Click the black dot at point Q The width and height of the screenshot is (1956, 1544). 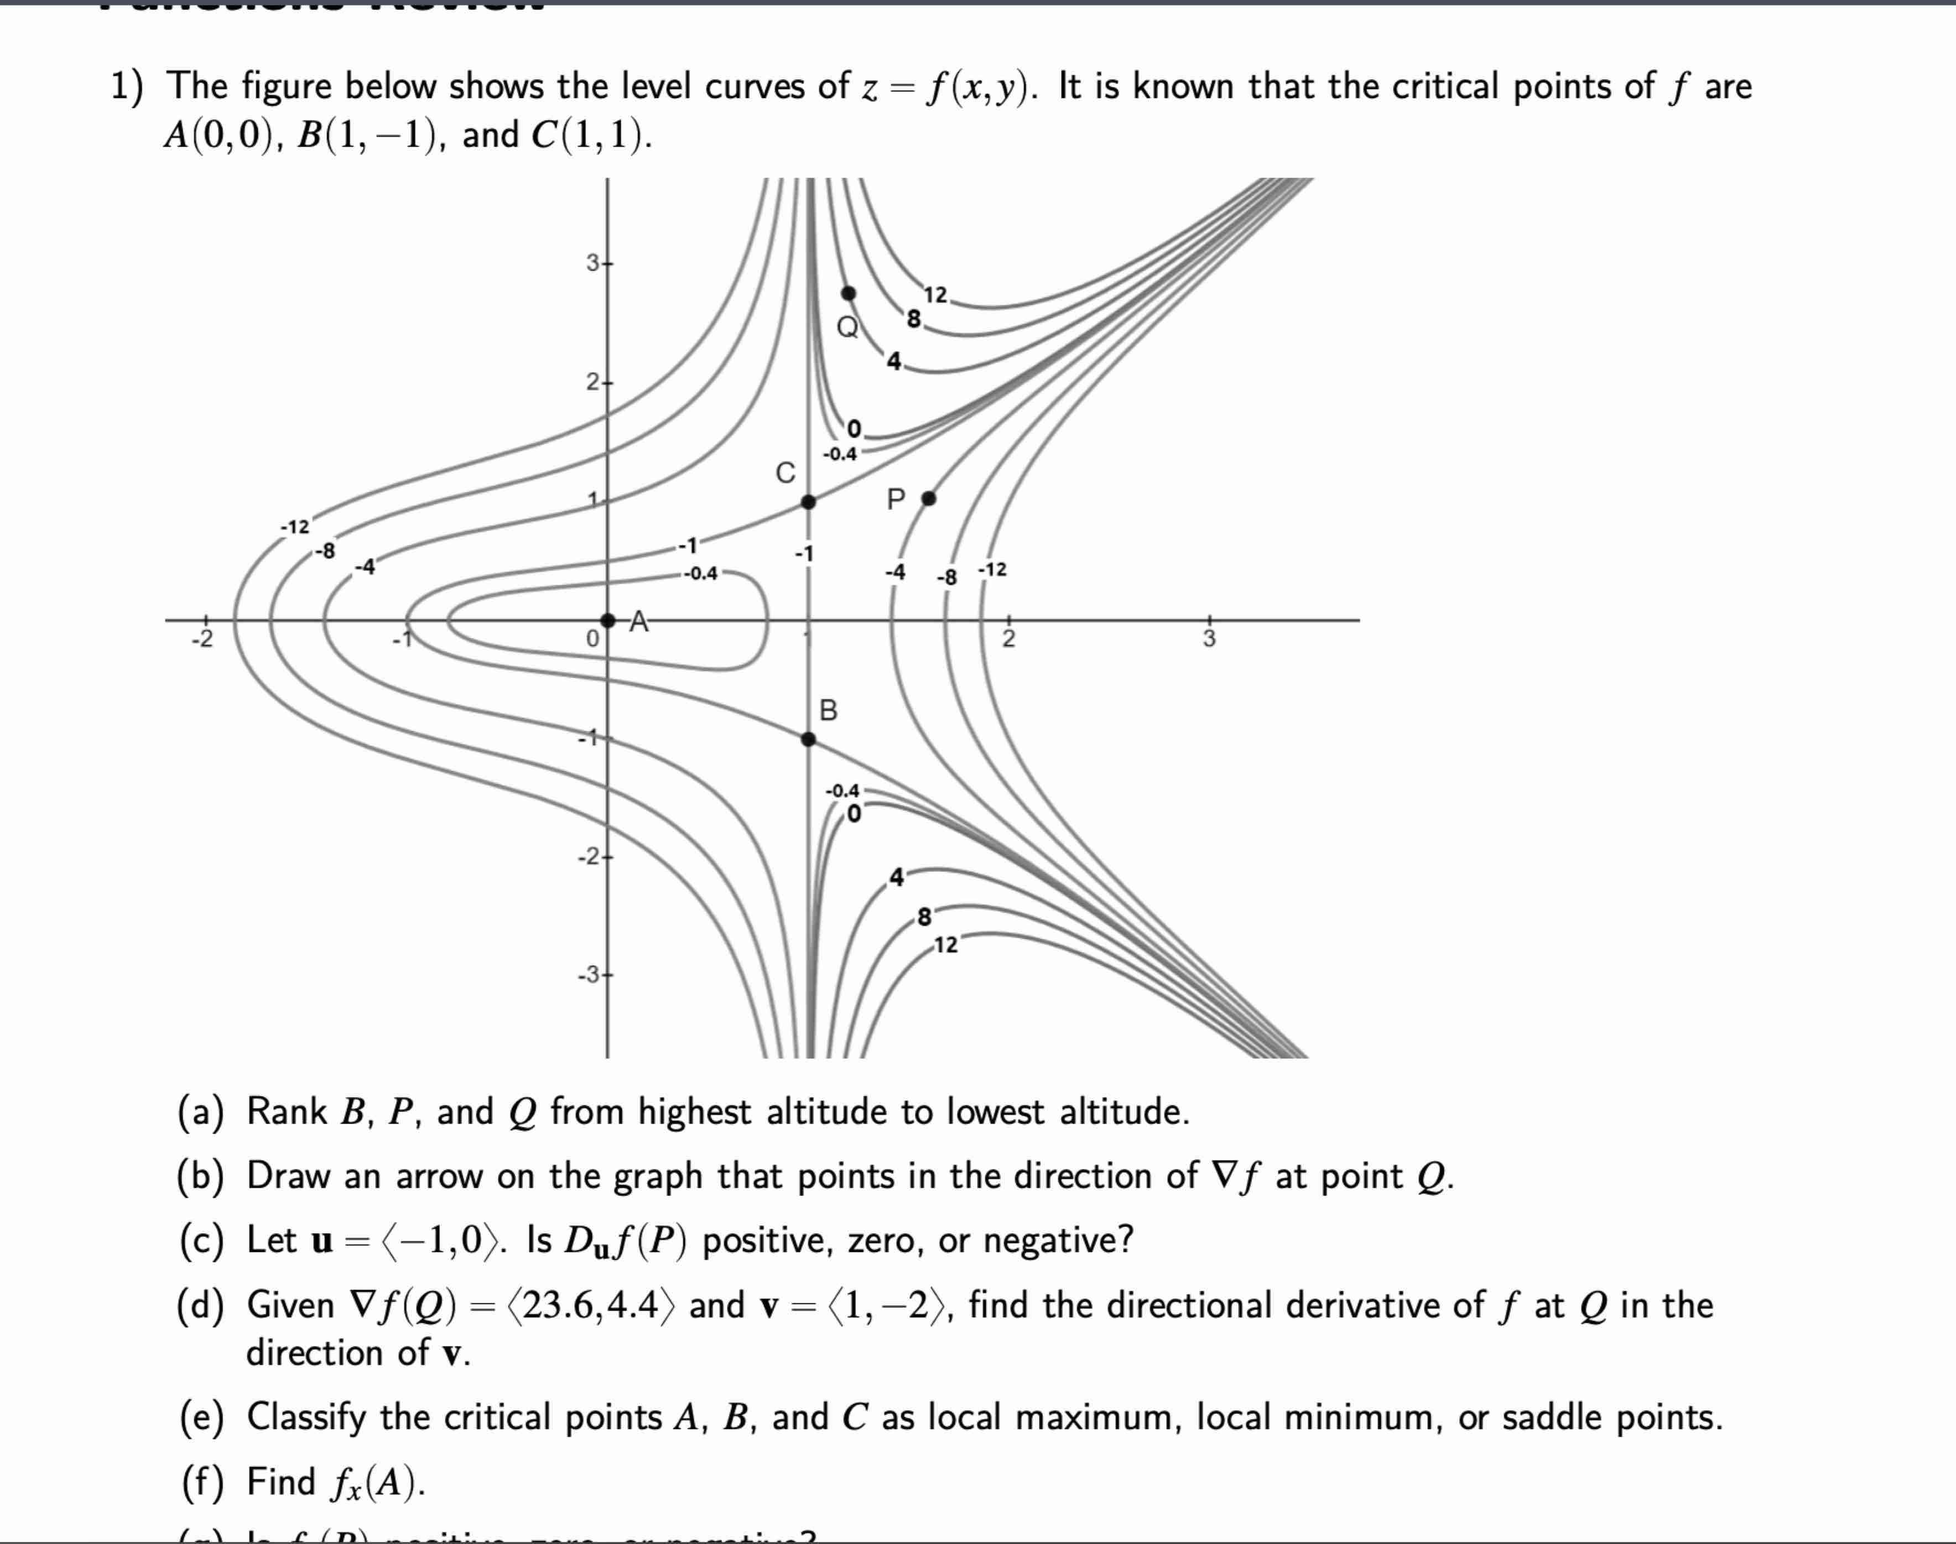click(x=849, y=293)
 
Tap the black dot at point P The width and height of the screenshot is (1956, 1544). click(x=928, y=498)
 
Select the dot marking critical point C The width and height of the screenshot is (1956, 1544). click(x=809, y=502)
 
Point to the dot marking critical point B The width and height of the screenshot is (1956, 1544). click(x=809, y=740)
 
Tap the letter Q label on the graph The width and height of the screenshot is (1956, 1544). click(x=847, y=326)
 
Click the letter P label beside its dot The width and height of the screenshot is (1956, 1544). click(x=896, y=499)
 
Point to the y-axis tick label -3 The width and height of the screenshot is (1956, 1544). click(x=589, y=975)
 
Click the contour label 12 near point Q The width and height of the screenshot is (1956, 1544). click(x=935, y=295)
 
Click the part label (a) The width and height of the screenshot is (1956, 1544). click(x=201, y=1112)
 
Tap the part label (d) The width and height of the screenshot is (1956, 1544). click(x=201, y=1306)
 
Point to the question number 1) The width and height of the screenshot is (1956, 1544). click(x=127, y=87)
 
